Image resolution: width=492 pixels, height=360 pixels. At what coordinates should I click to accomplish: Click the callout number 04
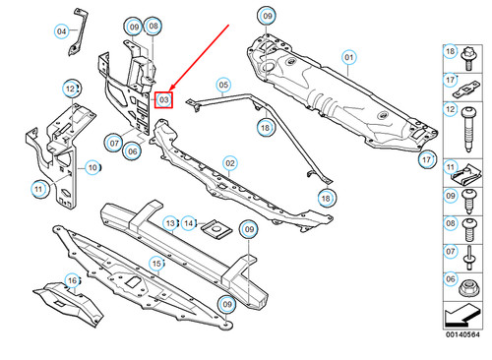click(x=62, y=31)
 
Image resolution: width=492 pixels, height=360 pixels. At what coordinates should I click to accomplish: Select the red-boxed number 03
click(x=164, y=98)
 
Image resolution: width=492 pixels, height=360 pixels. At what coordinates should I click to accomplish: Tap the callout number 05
click(x=222, y=85)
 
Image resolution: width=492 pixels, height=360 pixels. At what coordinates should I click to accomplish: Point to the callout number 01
click(x=348, y=58)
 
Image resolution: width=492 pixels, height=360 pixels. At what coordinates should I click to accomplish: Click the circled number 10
click(x=92, y=169)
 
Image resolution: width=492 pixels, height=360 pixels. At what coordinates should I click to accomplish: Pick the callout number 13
click(x=170, y=224)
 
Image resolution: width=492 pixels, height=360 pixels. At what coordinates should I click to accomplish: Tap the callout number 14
click(x=187, y=224)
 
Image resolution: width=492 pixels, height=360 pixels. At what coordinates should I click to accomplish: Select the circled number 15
click(x=155, y=263)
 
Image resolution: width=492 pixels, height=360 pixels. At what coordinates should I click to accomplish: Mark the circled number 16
click(x=72, y=281)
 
